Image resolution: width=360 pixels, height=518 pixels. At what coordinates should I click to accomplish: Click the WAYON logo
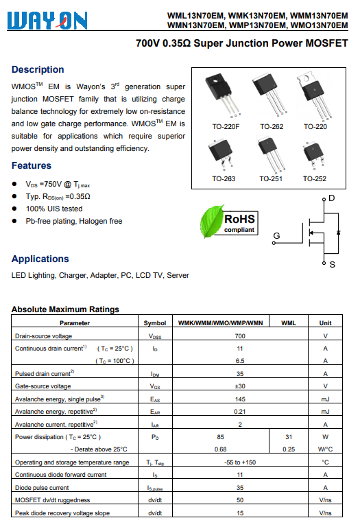47,20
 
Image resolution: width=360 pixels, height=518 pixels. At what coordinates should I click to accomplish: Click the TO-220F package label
226,126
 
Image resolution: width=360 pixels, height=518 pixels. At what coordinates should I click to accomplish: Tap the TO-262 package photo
269,95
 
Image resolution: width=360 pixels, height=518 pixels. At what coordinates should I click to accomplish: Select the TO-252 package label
315,178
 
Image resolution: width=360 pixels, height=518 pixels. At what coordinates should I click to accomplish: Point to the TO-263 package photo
221,153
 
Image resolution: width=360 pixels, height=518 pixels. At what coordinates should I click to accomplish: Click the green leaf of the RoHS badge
211,221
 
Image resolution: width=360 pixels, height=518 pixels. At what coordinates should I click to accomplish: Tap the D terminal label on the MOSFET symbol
332,198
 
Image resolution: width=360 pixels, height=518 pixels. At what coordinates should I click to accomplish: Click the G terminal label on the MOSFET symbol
276,235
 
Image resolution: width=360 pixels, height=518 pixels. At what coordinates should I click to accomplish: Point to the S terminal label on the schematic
333,265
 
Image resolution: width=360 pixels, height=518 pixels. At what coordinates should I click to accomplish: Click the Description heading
38,69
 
